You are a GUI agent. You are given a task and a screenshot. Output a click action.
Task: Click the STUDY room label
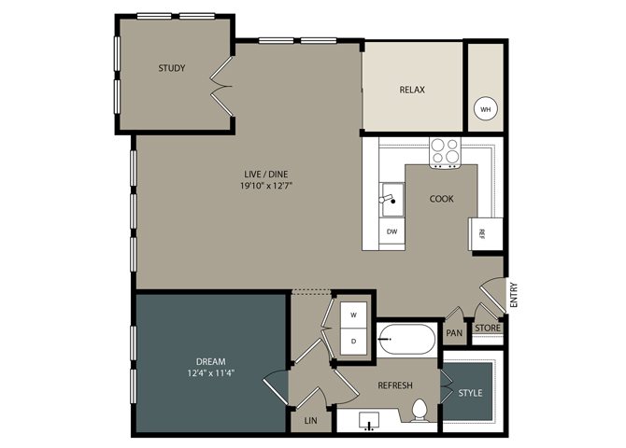click(x=172, y=68)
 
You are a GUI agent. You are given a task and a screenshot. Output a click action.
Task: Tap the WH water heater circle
click(x=485, y=109)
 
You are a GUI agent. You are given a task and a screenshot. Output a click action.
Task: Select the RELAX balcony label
click(x=412, y=90)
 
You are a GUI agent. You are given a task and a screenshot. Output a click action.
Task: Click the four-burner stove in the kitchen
click(x=445, y=151)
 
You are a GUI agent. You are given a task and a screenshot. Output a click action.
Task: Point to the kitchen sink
click(x=391, y=200)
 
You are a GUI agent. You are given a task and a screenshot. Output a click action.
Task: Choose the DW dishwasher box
click(x=391, y=231)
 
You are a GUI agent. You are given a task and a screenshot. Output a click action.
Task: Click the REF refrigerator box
click(x=486, y=233)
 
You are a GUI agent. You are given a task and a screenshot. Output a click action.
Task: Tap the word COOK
click(x=442, y=199)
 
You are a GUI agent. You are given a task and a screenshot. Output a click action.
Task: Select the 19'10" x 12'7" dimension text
click(x=266, y=186)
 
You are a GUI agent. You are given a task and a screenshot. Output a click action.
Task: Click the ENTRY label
click(x=514, y=295)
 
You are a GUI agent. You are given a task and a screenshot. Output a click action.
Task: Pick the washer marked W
click(x=353, y=315)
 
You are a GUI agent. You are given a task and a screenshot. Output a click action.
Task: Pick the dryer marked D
click(x=353, y=341)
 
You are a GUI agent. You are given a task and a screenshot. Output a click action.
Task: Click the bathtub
click(x=406, y=340)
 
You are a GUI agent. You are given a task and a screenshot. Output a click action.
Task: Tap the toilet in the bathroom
click(x=420, y=410)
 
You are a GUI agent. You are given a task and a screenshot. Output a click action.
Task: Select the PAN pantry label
click(x=454, y=332)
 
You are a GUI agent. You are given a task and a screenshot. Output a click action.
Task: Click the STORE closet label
click(x=488, y=328)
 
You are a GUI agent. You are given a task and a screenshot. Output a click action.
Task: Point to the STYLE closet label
click(x=470, y=393)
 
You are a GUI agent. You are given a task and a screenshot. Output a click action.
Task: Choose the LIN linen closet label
click(x=310, y=421)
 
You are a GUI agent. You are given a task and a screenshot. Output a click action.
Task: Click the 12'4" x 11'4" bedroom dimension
click(x=210, y=373)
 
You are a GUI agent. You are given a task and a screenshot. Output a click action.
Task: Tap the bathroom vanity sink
click(x=368, y=422)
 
